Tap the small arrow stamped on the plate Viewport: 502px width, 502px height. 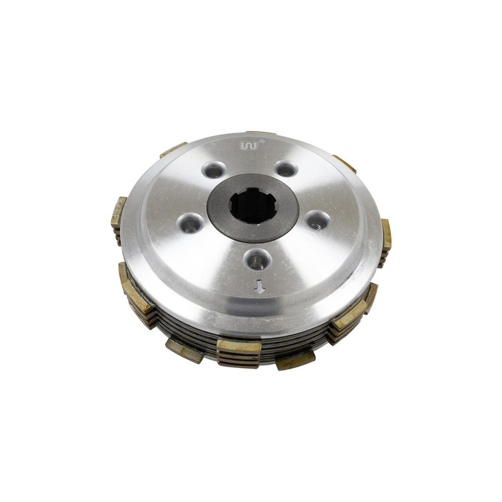pyautogui.click(x=260, y=286)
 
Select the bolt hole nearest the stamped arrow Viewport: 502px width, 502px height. pyautogui.click(x=256, y=260)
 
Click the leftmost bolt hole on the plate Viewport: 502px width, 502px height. pyautogui.click(x=192, y=224)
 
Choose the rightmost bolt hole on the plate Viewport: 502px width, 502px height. pyautogui.click(x=317, y=220)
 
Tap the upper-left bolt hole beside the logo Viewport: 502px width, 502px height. pyautogui.click(x=213, y=170)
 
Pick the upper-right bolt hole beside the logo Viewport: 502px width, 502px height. pyautogui.click(x=286, y=168)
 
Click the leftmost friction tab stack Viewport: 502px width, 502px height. pyautogui.click(x=118, y=217)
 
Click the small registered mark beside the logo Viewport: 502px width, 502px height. pyautogui.click(x=262, y=141)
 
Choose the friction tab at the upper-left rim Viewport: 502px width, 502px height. pyautogui.click(x=173, y=150)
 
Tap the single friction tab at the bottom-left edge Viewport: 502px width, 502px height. pyautogui.click(x=184, y=350)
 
